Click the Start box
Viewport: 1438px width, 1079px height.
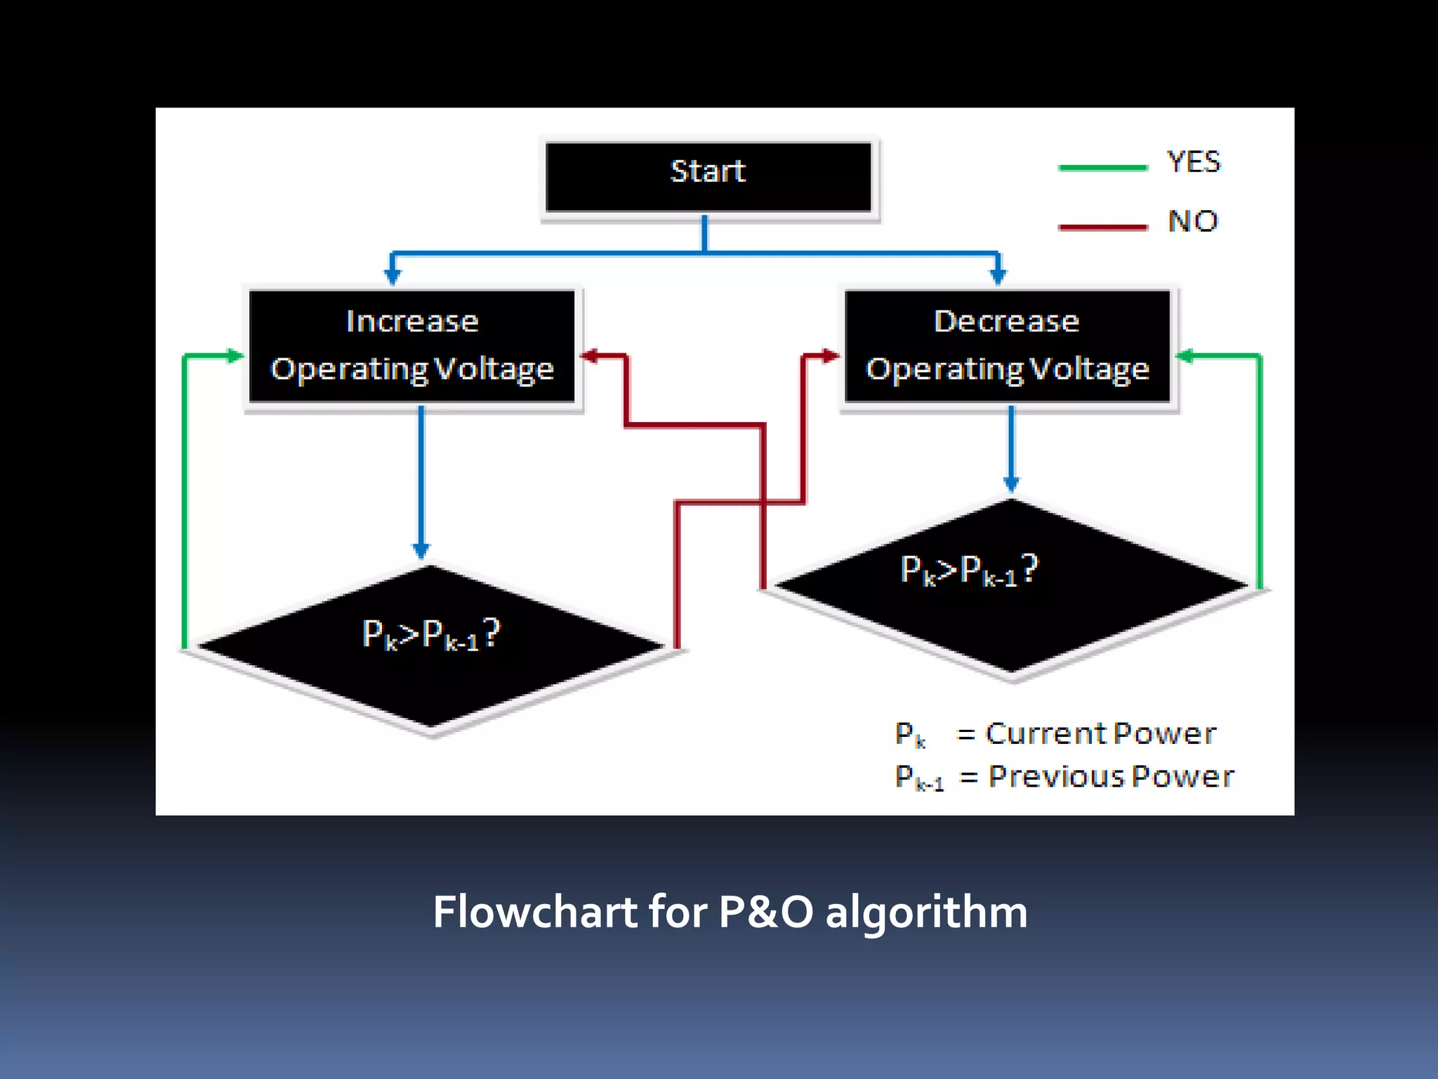click(708, 176)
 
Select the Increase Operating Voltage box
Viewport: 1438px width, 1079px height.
click(412, 346)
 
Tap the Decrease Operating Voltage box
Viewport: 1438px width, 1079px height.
click(1007, 346)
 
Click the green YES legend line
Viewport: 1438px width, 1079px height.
click(1102, 168)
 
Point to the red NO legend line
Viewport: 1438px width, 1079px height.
click(1102, 227)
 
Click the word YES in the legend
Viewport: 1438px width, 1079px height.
click(1194, 162)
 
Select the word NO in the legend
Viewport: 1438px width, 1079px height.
click(1192, 221)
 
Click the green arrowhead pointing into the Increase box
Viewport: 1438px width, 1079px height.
click(234, 356)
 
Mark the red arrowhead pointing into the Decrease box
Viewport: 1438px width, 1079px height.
click(831, 356)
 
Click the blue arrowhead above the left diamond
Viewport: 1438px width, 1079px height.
click(421, 550)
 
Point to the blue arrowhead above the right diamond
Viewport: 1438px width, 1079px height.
click(1011, 484)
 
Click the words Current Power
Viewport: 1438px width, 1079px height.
click(1100, 733)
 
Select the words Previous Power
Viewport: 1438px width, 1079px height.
click(1111, 776)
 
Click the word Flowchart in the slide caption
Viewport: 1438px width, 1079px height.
click(534, 912)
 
